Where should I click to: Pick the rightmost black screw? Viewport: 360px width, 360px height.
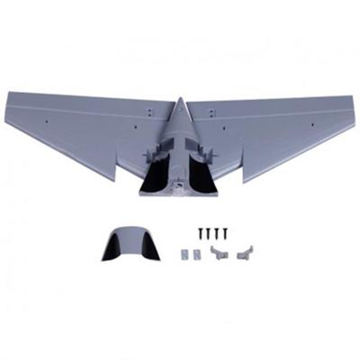coord(224,232)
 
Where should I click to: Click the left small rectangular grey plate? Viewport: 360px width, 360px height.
coord(187,255)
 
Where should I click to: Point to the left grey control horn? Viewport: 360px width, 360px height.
coord(218,254)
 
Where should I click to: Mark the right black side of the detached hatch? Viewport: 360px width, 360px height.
coord(149,247)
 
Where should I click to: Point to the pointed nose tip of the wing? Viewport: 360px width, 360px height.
coord(178,99)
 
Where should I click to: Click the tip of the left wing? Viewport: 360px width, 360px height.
coord(7,94)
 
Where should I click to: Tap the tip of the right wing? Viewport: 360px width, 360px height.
coord(352,97)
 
